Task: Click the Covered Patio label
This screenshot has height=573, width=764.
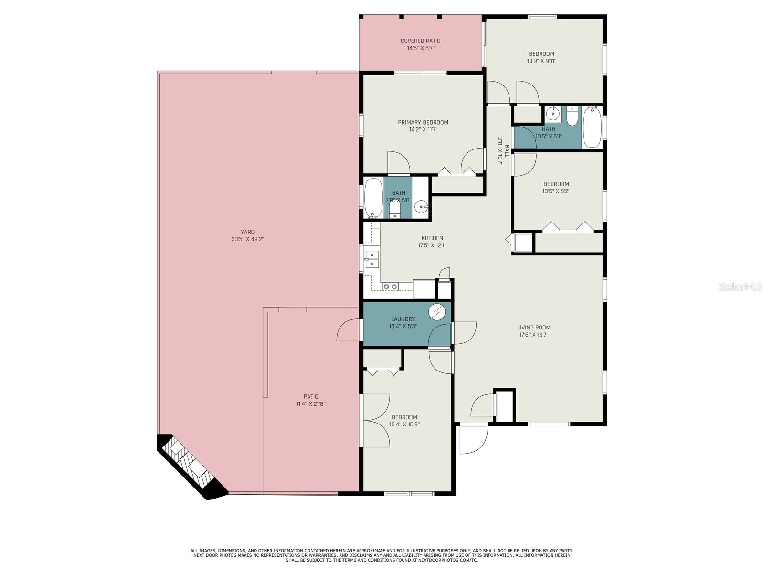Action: coord(420,41)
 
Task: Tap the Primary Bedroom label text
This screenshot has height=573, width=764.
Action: coord(423,123)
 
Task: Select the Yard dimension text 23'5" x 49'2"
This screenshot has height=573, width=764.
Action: coord(247,239)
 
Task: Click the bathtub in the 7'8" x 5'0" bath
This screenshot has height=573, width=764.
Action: coord(373,198)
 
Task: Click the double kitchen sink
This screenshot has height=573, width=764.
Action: coord(372,258)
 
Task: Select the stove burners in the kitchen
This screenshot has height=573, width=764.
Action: coord(390,286)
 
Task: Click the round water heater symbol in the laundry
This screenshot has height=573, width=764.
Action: coord(436,312)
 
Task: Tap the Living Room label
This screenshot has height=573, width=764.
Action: coord(534,328)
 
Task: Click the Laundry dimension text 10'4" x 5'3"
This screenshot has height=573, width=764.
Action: coord(403,326)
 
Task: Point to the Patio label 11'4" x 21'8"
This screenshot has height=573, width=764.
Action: coord(310,400)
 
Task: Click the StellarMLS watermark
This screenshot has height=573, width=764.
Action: coord(740,287)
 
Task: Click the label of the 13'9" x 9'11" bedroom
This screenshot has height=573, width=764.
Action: coord(541,54)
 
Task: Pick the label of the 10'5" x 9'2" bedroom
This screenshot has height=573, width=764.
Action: coord(556,184)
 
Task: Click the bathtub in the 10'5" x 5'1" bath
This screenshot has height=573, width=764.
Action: coord(591,127)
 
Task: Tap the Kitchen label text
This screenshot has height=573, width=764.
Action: coord(432,238)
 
